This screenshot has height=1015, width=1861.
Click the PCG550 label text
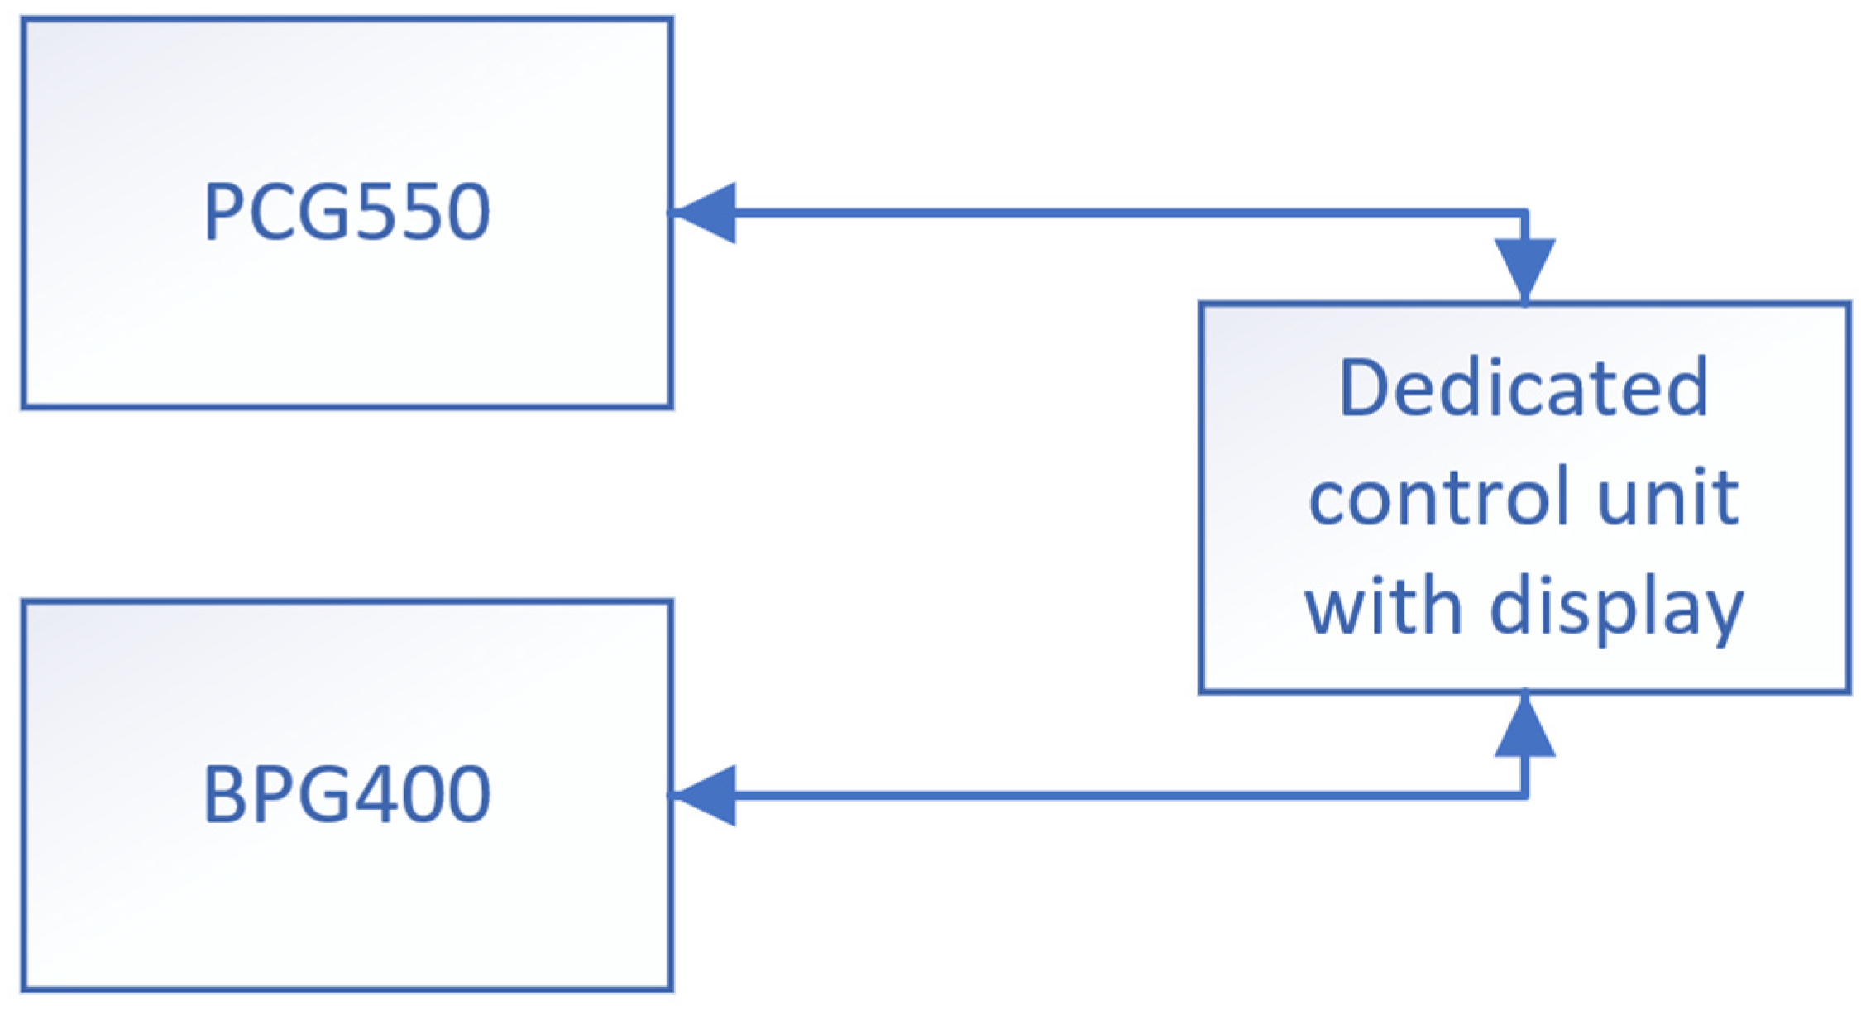tap(347, 213)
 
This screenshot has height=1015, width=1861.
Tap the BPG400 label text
tap(347, 795)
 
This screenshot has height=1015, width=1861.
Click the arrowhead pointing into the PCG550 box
tap(705, 213)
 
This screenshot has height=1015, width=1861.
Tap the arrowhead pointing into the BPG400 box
tap(705, 795)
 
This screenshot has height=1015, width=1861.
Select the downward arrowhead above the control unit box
tap(1524, 267)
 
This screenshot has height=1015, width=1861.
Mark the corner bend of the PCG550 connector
tap(1524, 213)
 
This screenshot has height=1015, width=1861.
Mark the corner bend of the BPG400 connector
tap(1524, 795)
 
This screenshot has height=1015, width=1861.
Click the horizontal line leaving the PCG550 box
tap(1117, 213)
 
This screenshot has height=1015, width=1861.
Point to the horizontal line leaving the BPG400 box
tap(1117, 795)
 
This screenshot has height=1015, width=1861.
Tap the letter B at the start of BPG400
tap(221, 795)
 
